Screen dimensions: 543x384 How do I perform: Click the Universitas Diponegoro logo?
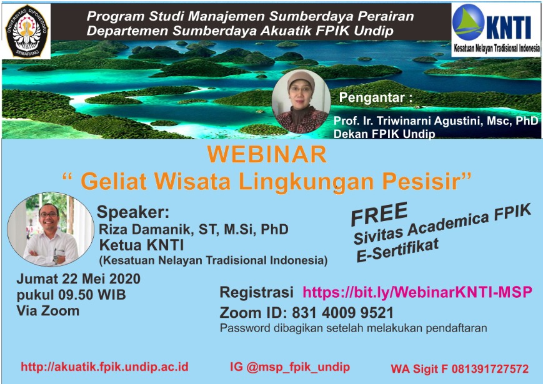click(x=27, y=31)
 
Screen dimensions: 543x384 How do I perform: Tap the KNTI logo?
click(x=496, y=29)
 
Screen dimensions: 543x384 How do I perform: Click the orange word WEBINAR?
click(x=267, y=154)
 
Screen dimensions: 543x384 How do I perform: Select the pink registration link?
click(x=417, y=292)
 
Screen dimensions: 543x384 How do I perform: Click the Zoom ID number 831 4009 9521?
click(x=343, y=313)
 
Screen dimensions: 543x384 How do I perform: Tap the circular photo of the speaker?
click(x=51, y=229)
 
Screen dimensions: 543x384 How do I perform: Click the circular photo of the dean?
click(x=301, y=101)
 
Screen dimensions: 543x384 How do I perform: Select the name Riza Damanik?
click(x=146, y=229)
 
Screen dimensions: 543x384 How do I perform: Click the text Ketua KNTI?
click(x=142, y=245)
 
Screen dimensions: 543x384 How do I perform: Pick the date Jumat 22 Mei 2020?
click(x=79, y=279)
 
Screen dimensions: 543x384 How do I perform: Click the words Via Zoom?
click(x=48, y=311)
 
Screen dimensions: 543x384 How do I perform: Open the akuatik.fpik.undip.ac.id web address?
click(x=104, y=367)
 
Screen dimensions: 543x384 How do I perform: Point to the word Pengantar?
click(x=372, y=97)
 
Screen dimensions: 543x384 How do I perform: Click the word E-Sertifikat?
click(x=398, y=250)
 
